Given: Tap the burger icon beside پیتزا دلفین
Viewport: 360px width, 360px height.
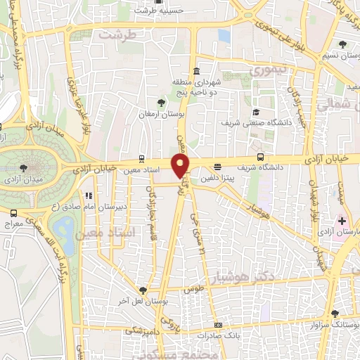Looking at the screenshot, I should (218, 167).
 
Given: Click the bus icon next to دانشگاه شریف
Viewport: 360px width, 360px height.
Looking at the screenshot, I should (261, 157).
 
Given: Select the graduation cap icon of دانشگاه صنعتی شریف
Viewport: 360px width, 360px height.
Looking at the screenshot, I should (256, 112).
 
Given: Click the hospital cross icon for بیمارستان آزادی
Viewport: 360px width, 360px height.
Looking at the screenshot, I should (341, 221).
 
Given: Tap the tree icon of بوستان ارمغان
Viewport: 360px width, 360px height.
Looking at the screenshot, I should (162, 103).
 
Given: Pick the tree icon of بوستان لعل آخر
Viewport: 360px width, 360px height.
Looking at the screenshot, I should (143, 290).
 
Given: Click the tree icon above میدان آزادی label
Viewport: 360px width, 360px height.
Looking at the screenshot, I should (25, 167).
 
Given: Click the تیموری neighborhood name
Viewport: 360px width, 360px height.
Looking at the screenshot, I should (268, 71).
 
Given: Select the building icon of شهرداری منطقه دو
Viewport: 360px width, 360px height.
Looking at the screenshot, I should (195, 72).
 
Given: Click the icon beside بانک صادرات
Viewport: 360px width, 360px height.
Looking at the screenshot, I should (219, 325).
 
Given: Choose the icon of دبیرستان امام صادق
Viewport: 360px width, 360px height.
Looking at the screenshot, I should (88, 195).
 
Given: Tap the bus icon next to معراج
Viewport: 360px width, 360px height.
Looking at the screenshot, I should (14, 212).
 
